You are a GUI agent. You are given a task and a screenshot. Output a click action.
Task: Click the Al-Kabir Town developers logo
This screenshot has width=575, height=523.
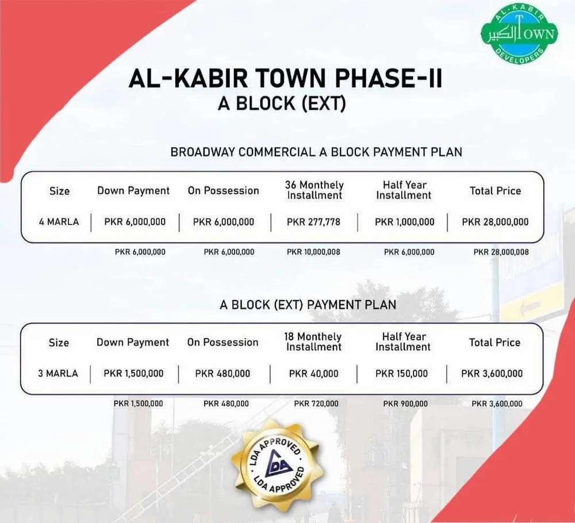(519, 34)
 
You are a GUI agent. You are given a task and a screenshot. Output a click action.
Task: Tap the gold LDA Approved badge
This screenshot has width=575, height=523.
(277, 466)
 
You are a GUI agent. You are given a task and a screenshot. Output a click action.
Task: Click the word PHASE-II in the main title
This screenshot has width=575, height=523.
(388, 78)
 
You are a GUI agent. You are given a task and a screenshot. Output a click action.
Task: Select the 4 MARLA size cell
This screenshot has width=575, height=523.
(59, 222)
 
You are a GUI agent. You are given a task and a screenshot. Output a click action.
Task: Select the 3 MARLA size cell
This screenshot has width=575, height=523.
(58, 374)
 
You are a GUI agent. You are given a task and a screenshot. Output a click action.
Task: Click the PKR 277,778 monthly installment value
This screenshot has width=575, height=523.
(313, 222)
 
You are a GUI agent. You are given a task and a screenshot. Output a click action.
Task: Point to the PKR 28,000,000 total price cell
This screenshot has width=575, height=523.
(495, 222)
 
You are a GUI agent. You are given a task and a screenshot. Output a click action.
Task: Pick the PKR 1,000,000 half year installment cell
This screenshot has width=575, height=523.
(404, 222)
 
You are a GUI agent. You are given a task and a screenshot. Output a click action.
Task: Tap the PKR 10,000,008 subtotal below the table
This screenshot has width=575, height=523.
(313, 252)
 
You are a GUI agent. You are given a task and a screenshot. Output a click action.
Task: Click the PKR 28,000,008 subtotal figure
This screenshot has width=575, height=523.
(501, 252)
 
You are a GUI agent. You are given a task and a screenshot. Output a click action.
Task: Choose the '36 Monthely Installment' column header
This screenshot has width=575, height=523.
(315, 190)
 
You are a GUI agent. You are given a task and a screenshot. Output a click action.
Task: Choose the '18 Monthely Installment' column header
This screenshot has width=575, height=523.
(313, 341)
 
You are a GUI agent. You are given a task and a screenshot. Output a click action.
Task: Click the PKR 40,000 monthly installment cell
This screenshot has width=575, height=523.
(313, 374)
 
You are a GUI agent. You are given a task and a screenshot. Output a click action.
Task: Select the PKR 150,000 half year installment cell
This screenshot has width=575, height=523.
(401, 374)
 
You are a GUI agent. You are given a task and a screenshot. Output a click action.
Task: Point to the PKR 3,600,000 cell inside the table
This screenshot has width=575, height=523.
(492, 374)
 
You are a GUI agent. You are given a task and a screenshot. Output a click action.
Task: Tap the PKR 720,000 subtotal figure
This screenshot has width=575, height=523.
(316, 403)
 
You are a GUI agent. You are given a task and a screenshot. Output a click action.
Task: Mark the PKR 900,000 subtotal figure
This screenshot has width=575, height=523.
(405, 403)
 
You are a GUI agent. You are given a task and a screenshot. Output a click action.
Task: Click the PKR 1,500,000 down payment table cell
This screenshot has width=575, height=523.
(133, 374)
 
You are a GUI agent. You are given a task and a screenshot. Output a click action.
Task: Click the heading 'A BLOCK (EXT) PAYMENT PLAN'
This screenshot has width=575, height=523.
(308, 305)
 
